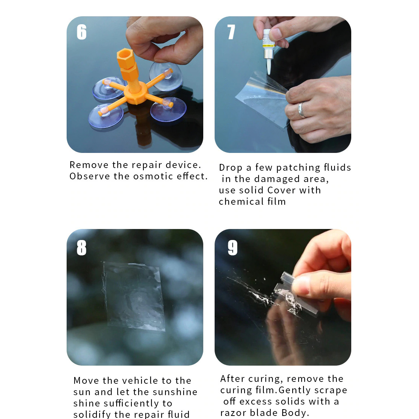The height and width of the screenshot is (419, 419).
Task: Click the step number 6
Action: [81, 32]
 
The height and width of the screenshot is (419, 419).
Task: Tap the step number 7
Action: [231, 32]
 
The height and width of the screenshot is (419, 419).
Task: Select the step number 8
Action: [81, 248]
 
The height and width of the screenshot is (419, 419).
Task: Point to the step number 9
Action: [232, 248]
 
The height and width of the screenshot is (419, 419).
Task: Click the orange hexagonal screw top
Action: [125, 57]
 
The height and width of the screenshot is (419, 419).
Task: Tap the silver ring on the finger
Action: [301, 111]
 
